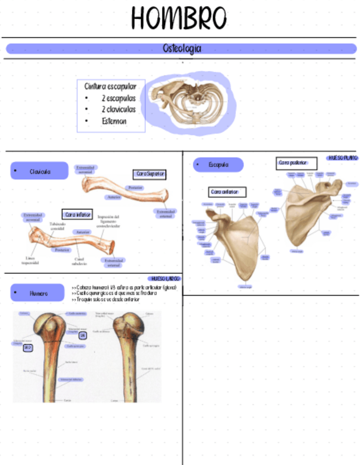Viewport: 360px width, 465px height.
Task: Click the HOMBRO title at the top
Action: (179, 19)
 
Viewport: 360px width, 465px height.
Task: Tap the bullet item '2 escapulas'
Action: (118, 99)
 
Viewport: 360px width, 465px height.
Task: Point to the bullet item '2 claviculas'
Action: (118, 110)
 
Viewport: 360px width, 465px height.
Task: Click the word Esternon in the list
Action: (114, 121)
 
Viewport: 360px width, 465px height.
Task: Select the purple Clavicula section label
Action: (40, 172)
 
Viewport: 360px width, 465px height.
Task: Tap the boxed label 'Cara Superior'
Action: (150, 174)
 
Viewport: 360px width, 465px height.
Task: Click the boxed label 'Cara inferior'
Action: (77, 214)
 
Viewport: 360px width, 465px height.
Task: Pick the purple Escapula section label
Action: (218, 165)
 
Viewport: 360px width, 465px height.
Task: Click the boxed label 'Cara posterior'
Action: (296, 163)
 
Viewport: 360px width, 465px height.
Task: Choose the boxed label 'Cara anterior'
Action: (228, 192)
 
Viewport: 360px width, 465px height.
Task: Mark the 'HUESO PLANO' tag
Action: (342, 158)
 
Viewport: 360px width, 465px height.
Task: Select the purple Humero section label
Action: (38, 293)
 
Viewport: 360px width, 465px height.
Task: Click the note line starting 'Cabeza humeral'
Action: (123, 287)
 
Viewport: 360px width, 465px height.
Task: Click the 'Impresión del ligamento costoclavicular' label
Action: (108, 221)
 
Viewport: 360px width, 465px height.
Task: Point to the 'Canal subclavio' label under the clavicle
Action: (79, 261)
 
